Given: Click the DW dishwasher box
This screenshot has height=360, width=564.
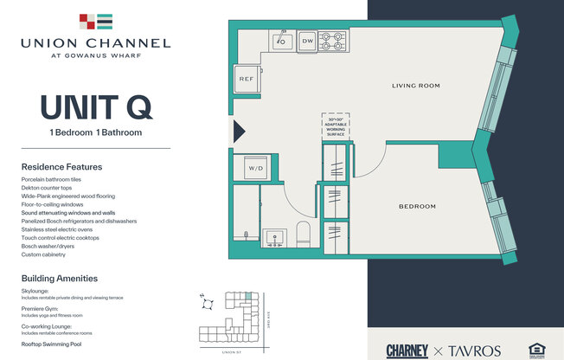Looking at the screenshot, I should pyautogui.click(x=307, y=40).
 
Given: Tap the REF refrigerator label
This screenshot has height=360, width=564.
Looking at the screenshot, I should pyautogui.click(x=246, y=79).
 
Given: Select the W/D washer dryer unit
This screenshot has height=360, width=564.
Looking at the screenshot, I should pyautogui.click(x=256, y=167).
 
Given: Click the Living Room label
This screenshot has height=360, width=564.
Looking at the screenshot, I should pyautogui.click(x=416, y=86).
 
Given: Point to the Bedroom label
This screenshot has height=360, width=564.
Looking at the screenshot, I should pyautogui.click(x=417, y=206).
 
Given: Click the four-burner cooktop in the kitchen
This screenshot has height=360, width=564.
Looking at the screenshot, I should pyautogui.click(x=332, y=40).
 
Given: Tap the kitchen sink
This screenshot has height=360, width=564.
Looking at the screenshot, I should pyautogui.click(x=281, y=40).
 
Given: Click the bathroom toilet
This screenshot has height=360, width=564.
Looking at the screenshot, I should pyautogui.click(x=304, y=234).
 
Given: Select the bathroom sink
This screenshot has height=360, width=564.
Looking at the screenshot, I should pyautogui.click(x=275, y=237).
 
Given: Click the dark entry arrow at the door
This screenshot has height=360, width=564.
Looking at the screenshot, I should pyautogui.click(x=240, y=132).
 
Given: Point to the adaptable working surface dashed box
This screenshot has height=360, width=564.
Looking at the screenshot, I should pyautogui.click(x=336, y=126).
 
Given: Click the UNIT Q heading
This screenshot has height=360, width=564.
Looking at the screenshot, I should pyautogui.click(x=97, y=107).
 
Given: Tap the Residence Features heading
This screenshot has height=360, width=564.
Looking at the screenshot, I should pyautogui.click(x=61, y=166).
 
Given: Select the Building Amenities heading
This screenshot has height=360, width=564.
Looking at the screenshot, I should pyautogui.click(x=59, y=279).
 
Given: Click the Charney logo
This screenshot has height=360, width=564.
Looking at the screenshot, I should pyautogui.click(x=407, y=350).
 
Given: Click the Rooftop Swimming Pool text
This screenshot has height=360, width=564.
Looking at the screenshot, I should pyautogui.click(x=51, y=344).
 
